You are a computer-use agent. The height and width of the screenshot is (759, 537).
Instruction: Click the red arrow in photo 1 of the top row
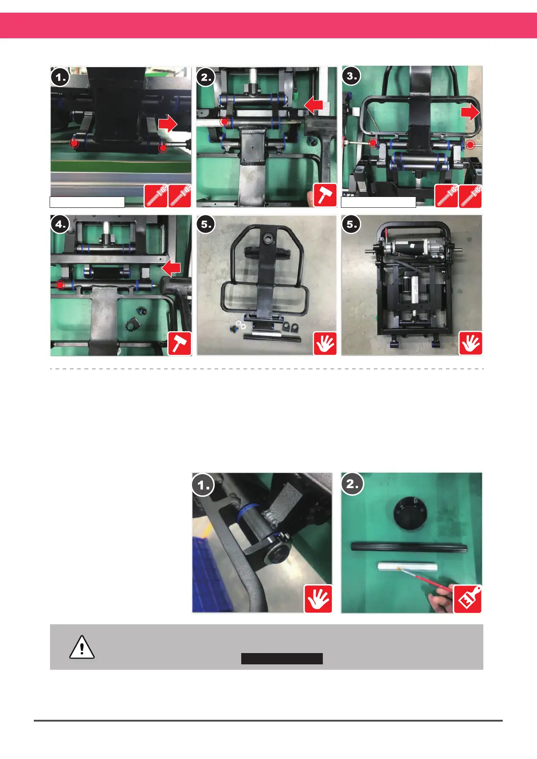167,123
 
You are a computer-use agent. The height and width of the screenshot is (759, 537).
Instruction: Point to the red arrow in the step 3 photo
470,112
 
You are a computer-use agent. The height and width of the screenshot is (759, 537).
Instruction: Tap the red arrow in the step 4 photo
171,268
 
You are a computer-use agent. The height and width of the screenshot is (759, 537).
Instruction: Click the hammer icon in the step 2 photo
325,195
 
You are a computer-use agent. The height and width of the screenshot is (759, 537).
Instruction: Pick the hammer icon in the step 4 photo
180,343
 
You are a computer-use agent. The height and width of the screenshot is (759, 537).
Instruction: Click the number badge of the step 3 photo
351,76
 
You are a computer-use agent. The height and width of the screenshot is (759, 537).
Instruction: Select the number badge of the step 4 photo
60,224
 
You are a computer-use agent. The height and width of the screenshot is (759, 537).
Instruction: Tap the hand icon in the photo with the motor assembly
471,343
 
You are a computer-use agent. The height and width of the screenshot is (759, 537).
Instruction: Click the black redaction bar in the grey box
282,658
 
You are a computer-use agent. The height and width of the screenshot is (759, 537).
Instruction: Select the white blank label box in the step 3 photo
378,202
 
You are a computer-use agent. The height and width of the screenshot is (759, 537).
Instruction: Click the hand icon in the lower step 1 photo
318,599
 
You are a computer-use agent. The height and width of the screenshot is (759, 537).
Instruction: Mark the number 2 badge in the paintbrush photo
352,484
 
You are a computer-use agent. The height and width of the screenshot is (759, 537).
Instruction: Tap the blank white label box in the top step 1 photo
87,202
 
